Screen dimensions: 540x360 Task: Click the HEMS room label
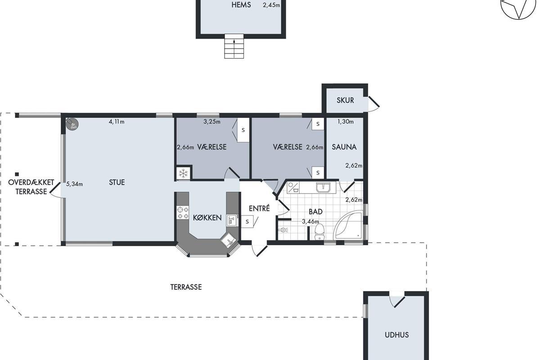point(241,5)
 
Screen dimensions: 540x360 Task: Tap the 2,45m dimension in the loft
point(271,5)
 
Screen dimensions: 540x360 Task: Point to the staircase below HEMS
point(234,46)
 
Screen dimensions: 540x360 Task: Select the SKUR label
point(345,100)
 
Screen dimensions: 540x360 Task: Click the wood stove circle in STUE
point(72,124)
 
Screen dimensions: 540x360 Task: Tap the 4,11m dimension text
point(117,122)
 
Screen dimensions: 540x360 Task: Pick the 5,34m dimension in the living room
point(75,184)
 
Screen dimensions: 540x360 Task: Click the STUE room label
point(117,182)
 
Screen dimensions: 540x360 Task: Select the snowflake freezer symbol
point(183,173)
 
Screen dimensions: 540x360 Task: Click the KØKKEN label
point(207,218)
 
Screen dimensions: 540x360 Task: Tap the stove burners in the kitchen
point(183,212)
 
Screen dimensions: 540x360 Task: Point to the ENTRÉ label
point(259,208)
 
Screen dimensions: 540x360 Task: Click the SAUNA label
point(344,147)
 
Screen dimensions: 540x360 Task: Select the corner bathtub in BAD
point(348,226)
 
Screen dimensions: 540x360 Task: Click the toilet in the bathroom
point(319,232)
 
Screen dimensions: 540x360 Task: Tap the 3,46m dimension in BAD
point(310,221)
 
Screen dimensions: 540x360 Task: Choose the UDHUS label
point(396,335)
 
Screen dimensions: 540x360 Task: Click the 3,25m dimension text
point(212,122)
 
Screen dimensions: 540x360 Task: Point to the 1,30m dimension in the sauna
point(346,122)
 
